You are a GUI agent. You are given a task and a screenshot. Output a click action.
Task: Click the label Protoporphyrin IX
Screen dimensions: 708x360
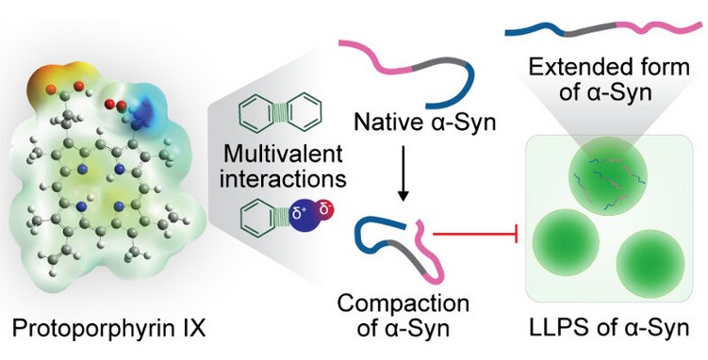pyautogui.click(x=108, y=329)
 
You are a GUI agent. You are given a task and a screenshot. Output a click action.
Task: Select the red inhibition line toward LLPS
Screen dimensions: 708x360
pyautogui.click(x=474, y=234)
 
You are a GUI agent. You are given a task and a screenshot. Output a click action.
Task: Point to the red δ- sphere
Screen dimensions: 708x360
pyautogui.click(x=325, y=210)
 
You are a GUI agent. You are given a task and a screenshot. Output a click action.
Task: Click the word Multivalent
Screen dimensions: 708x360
pyautogui.click(x=283, y=155)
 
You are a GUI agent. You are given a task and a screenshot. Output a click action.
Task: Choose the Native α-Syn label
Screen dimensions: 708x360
pyautogui.click(x=424, y=122)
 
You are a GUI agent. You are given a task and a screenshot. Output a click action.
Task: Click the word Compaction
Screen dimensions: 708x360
pyautogui.click(x=403, y=305)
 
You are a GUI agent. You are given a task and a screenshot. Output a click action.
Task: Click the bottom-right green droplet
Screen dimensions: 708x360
pyautogui.click(x=650, y=265)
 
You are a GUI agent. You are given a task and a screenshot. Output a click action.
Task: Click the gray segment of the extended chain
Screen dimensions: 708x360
pyautogui.click(x=590, y=28)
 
